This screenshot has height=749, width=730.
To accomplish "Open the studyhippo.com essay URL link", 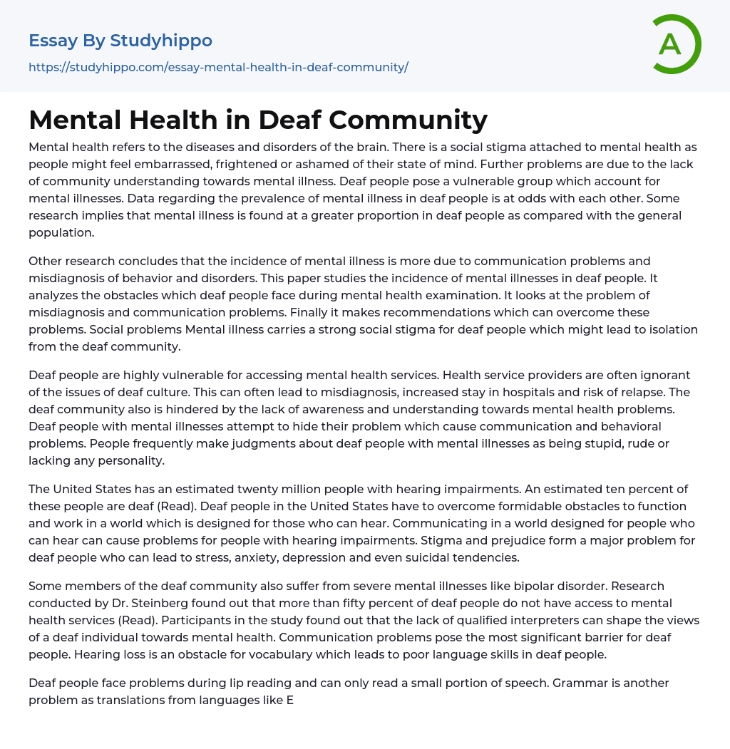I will [x=218, y=67].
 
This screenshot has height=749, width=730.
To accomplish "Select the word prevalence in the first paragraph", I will [x=299, y=198].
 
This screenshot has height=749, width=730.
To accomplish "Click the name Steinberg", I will [x=158, y=603].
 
